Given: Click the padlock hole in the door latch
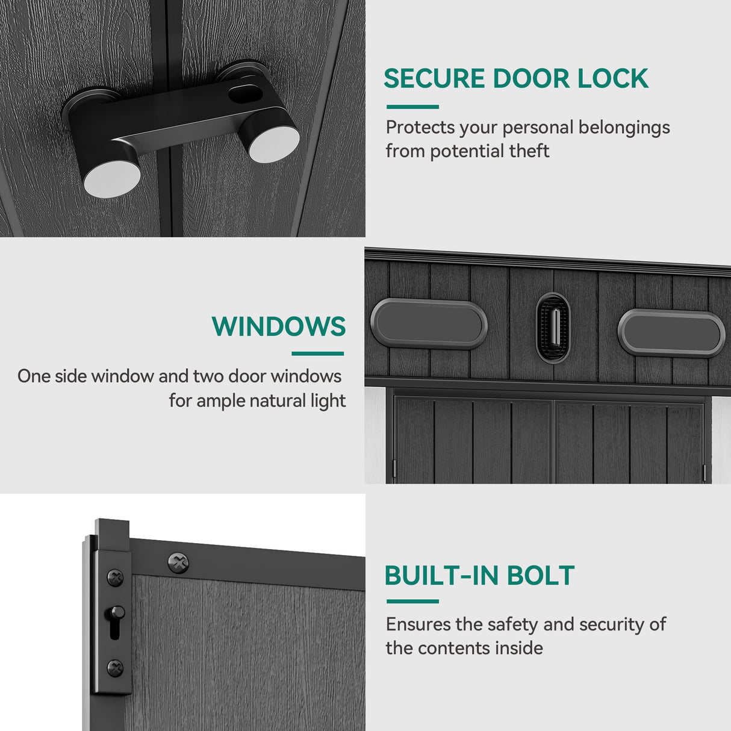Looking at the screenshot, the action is pyautogui.click(x=246, y=94).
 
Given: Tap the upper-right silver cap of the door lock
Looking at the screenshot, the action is pyautogui.click(x=274, y=144).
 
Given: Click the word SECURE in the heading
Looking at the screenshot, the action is pyautogui.click(x=434, y=78).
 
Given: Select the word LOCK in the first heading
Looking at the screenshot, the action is pyautogui.click(x=613, y=78).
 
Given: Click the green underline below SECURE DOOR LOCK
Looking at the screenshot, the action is pyautogui.click(x=412, y=107).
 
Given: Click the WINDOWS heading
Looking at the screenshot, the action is pyautogui.click(x=279, y=326).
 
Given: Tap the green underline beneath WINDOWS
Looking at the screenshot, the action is pyautogui.click(x=317, y=353).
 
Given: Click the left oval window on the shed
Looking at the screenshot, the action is pyautogui.click(x=429, y=323).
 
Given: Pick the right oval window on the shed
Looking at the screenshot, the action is pyautogui.click(x=671, y=333).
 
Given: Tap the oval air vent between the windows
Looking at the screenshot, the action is pyautogui.click(x=553, y=328).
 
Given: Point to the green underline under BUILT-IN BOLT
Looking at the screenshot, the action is pyautogui.click(x=412, y=602).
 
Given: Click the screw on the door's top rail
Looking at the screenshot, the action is pyautogui.click(x=178, y=562).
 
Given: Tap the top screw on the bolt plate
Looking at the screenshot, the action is pyautogui.click(x=115, y=577).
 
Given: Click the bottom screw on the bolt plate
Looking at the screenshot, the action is pyautogui.click(x=115, y=668).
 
